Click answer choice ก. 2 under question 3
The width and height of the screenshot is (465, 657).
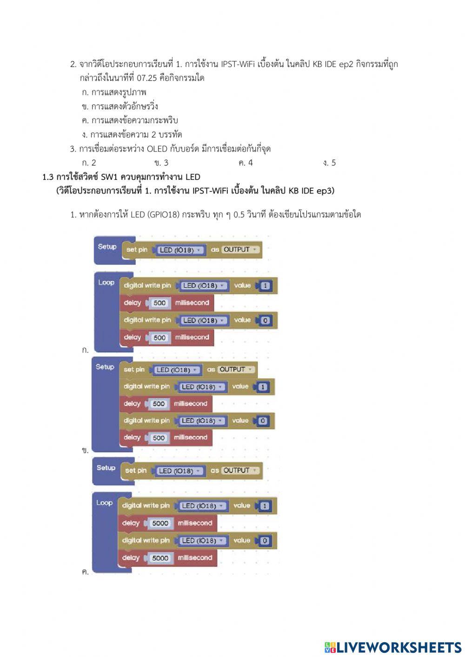point(89,163)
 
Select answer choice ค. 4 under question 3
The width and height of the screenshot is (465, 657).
point(245,163)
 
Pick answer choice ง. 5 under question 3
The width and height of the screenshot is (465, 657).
point(329,163)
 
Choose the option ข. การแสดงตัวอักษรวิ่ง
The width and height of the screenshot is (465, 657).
point(120,106)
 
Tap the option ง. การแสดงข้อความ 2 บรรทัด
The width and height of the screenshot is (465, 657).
point(132,135)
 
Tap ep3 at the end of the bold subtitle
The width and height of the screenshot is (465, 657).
point(325,191)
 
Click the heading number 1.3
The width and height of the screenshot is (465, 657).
point(48,177)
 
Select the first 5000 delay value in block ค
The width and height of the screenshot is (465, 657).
point(160,524)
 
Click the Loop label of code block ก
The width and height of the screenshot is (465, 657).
point(106,283)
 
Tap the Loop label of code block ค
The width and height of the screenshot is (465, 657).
point(105,503)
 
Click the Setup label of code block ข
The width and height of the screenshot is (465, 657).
point(105,367)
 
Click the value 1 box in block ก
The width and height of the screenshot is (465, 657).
point(265,286)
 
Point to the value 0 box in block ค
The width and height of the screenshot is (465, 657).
point(265,541)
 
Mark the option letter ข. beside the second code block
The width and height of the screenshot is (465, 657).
point(85,450)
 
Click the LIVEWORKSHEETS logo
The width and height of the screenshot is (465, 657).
point(392,648)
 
